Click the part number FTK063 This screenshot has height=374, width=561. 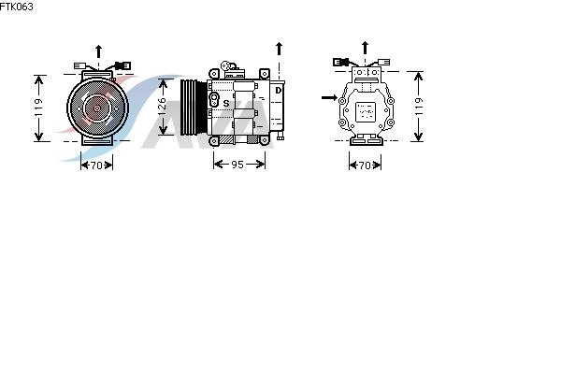(x=16, y=7)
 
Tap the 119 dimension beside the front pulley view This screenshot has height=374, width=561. (x=38, y=108)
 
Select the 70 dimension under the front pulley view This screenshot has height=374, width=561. (x=96, y=165)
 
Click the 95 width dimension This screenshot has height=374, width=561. (x=237, y=165)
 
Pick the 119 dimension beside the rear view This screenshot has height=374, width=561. (x=419, y=107)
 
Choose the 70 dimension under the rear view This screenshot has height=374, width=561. (x=365, y=165)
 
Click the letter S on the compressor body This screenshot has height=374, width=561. (x=225, y=104)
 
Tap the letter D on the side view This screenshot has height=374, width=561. (x=279, y=91)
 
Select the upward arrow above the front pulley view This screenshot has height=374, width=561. (x=98, y=51)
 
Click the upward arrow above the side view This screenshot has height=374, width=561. (x=279, y=49)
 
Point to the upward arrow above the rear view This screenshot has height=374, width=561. (x=365, y=48)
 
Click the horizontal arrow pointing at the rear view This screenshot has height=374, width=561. (x=329, y=97)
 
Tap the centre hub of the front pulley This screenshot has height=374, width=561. (x=97, y=108)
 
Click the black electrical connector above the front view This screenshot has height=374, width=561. (x=122, y=65)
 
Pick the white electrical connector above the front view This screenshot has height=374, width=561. (x=80, y=65)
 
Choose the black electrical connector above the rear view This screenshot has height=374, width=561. (x=340, y=62)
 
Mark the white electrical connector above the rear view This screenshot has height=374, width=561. (x=384, y=63)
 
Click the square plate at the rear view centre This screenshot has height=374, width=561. (x=366, y=112)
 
